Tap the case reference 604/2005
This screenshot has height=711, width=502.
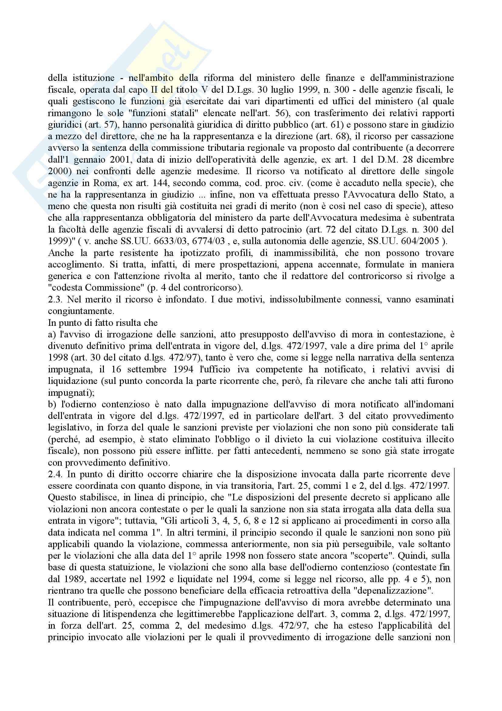[418, 241]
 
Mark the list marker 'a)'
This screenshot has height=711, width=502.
[51, 334]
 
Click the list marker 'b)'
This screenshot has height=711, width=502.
[52, 404]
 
